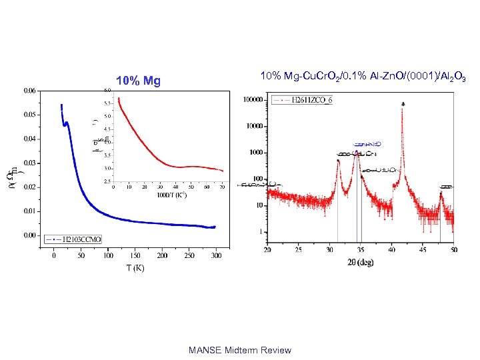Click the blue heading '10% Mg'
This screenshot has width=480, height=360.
point(138,81)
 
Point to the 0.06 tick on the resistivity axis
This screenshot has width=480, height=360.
point(29,90)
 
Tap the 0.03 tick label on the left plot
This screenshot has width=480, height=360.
point(29,163)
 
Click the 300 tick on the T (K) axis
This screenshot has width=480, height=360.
point(217,255)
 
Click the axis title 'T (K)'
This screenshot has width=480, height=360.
point(135,268)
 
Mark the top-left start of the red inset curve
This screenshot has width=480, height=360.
point(119,99)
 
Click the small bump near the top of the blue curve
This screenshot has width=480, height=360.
point(66,123)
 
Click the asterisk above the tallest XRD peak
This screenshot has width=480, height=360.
point(403,104)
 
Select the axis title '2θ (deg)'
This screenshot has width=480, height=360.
point(360,262)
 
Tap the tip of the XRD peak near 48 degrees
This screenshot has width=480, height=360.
point(441,193)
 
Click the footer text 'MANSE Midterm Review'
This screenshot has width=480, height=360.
point(239,350)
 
